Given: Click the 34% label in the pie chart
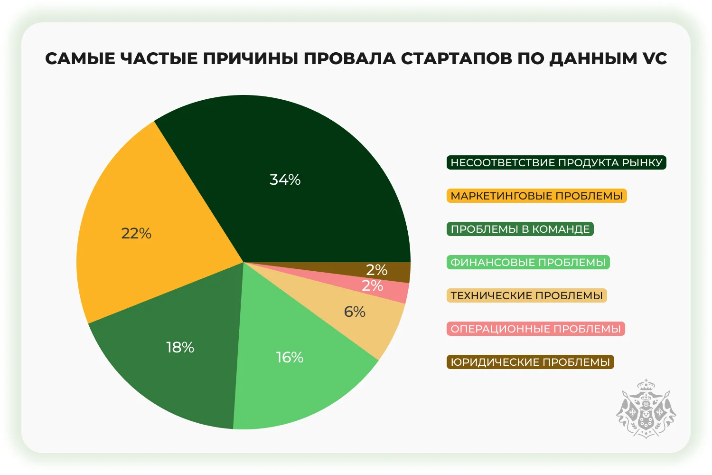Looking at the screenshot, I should pos(285,180).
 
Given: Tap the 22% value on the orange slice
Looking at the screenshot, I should pos(136,233).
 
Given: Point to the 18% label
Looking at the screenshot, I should pos(180,347).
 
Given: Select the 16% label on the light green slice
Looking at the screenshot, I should pos(290,357).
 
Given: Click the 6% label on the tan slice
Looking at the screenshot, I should pos(355,312).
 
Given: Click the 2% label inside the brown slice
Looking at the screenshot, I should pos(376,270).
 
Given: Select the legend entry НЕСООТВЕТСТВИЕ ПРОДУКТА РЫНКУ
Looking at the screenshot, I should pos(556,162).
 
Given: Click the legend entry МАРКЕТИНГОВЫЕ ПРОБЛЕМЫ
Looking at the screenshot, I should pos(536,196).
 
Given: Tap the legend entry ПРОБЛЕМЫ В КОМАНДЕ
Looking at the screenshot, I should pos(520,229).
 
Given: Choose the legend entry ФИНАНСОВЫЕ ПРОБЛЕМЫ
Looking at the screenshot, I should pos(528,262).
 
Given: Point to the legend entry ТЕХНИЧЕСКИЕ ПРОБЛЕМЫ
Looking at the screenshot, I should pos(526,295).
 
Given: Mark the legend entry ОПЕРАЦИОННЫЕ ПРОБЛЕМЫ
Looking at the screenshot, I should pos(535,329).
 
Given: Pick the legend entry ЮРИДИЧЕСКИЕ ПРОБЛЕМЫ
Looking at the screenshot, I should pos(530,362).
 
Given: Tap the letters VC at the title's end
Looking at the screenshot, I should pos(655,58).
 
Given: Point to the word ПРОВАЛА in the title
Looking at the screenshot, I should pos(350,58).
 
